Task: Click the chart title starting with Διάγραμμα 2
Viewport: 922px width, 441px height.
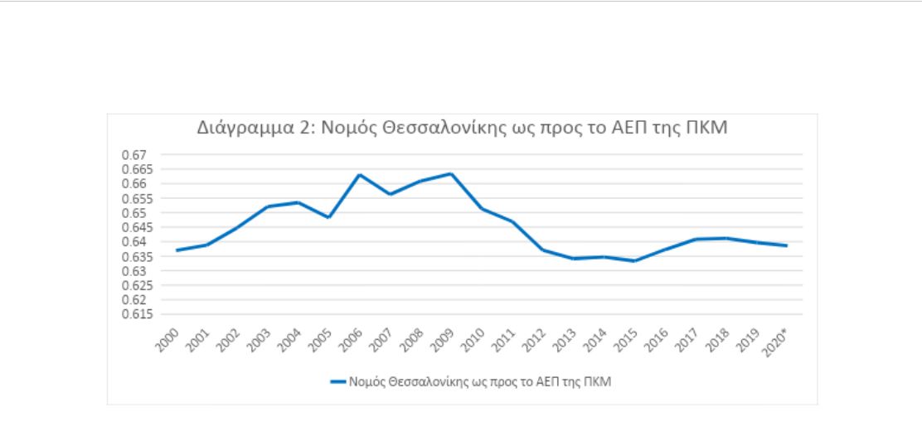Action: [x=462, y=128]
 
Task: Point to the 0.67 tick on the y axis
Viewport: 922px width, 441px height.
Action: [x=133, y=155]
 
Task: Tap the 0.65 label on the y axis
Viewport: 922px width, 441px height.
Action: [x=133, y=213]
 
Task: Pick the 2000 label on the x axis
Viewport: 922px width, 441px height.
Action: [x=167, y=337]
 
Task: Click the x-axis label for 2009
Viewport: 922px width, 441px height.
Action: [x=440, y=337]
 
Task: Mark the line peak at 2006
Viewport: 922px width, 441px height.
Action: [x=359, y=175]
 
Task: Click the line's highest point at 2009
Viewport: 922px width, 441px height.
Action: [x=450, y=173]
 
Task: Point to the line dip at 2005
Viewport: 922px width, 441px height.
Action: [x=329, y=217]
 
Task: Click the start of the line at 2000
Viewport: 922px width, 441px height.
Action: [x=177, y=250]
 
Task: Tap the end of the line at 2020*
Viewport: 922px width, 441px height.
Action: [x=785, y=245]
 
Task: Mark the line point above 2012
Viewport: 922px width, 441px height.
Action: [x=541, y=250]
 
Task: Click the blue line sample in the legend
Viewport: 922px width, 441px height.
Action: [x=338, y=381]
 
